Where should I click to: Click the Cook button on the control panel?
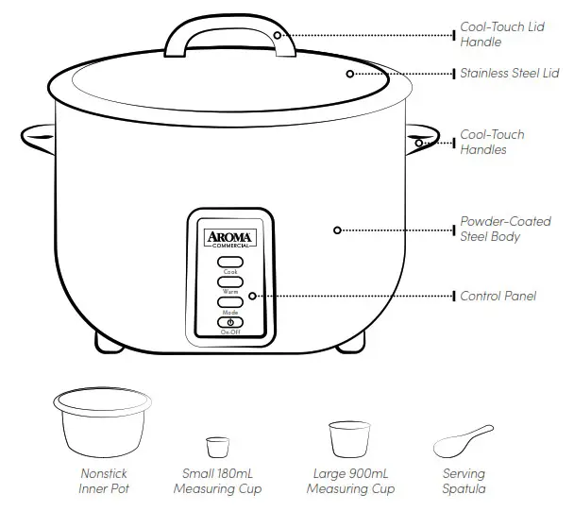click(231, 261)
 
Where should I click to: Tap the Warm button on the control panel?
click(231, 281)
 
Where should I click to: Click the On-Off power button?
click(231, 322)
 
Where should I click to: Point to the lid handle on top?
click(228, 32)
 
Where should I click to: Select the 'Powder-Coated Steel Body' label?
click(505, 229)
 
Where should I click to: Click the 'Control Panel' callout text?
click(498, 296)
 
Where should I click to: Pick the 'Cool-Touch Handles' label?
click(491, 142)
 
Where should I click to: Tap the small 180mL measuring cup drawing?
click(218, 446)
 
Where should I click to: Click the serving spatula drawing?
click(462, 440)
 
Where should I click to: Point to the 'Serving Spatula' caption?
click(463, 481)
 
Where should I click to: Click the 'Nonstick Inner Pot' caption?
click(103, 481)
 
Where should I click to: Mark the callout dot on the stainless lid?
click(349, 73)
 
